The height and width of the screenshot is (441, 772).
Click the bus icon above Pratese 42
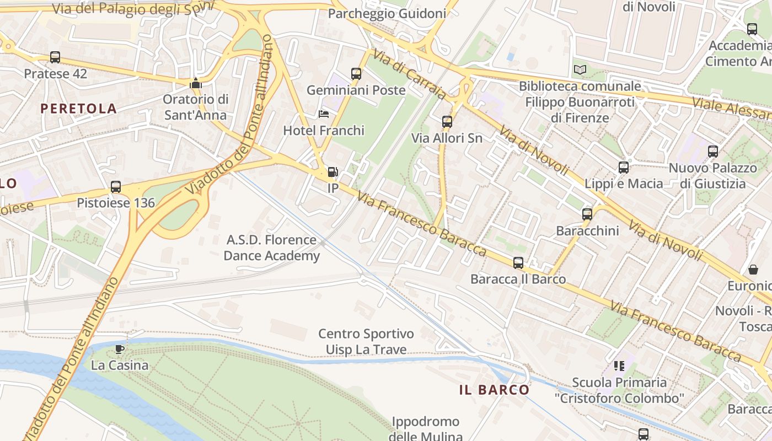point(55,57)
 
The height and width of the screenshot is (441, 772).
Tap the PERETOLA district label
point(79,109)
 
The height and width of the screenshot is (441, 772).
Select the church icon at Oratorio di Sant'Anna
point(195,84)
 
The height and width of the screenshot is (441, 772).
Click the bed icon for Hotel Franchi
point(324,114)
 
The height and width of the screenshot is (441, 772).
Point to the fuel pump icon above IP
point(333,172)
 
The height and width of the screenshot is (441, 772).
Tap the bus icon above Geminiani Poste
point(356,73)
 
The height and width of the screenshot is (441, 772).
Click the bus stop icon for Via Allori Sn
point(447,121)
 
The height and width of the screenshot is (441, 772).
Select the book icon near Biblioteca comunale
point(580,69)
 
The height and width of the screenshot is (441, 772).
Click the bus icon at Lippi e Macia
point(624,167)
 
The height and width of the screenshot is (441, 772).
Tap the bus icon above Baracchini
point(587,214)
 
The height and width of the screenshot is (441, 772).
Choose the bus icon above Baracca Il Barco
point(518,262)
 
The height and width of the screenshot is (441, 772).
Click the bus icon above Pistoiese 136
point(116,186)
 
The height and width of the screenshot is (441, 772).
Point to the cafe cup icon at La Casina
point(120,348)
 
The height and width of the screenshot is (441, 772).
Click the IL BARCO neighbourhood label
point(494,390)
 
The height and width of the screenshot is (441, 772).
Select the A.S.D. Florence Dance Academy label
point(272,248)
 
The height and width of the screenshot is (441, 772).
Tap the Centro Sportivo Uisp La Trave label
point(366,342)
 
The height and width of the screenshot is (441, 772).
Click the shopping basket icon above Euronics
point(753,270)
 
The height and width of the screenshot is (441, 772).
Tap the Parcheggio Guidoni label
point(387,14)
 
